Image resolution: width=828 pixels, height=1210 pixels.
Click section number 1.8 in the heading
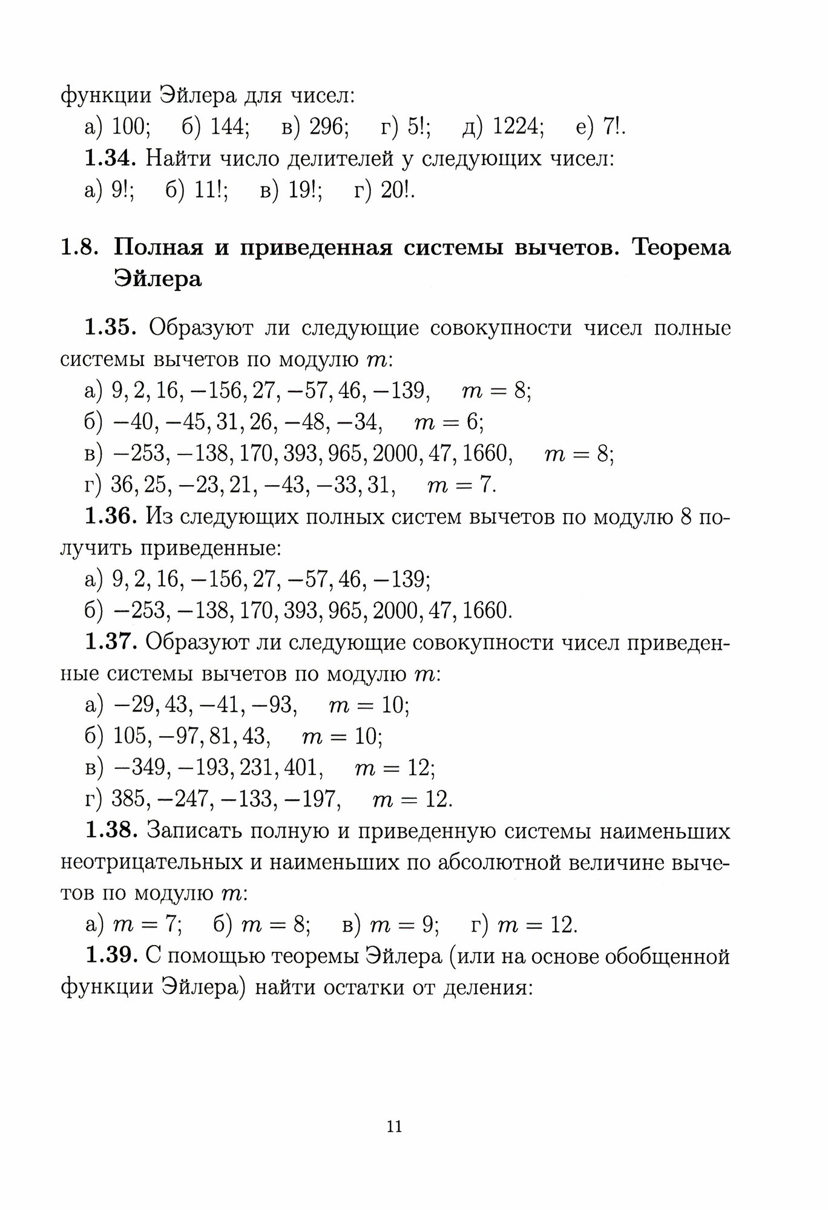pyautogui.click(x=79, y=248)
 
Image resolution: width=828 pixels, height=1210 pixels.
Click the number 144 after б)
pyautogui.click(x=230, y=127)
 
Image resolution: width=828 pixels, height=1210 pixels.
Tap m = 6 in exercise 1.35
pyautogui.click(x=448, y=422)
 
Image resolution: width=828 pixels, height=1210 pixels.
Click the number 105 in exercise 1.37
pyautogui.click(x=130, y=736)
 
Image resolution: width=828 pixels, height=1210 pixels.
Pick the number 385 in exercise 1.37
pyautogui.click(x=130, y=799)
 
